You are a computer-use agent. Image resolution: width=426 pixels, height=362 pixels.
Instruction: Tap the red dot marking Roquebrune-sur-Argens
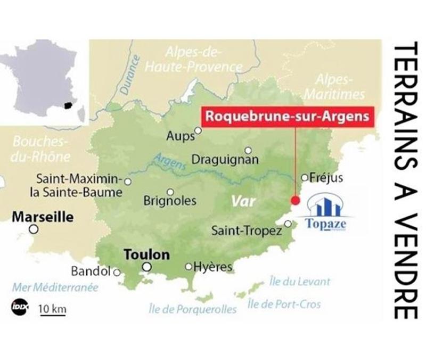[x=295, y=200]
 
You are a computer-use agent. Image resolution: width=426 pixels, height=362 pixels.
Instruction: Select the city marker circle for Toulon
[x=147, y=267]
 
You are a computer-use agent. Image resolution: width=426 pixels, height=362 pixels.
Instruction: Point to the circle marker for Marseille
[x=34, y=229]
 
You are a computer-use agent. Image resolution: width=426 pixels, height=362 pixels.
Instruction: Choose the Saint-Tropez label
[x=247, y=231]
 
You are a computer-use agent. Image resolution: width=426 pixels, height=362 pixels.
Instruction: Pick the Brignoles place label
[x=170, y=201]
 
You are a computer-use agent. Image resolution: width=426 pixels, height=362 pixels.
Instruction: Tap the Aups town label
[x=181, y=136]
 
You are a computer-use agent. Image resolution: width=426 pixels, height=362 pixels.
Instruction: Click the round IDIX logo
[x=18, y=307]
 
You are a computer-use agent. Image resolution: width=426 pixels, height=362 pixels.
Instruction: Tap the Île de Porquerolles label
[x=192, y=309]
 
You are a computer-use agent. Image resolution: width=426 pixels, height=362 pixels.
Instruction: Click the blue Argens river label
[x=169, y=161]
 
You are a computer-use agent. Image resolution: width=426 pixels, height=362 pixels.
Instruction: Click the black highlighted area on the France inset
[x=68, y=105]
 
